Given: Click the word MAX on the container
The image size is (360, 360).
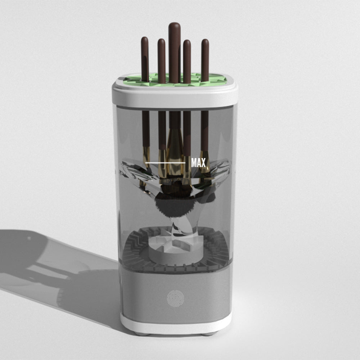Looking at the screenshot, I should (198, 163).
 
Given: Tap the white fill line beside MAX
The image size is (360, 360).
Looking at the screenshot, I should (165, 163).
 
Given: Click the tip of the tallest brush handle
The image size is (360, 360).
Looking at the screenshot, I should (175, 26).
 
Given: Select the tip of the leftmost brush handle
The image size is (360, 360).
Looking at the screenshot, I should (144, 40).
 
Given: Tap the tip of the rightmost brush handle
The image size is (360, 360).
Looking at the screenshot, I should (205, 42).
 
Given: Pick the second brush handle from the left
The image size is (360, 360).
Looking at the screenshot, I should (161, 58).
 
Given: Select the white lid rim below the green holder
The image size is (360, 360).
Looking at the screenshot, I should (175, 96).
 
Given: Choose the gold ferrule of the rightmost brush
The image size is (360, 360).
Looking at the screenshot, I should (205, 164).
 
